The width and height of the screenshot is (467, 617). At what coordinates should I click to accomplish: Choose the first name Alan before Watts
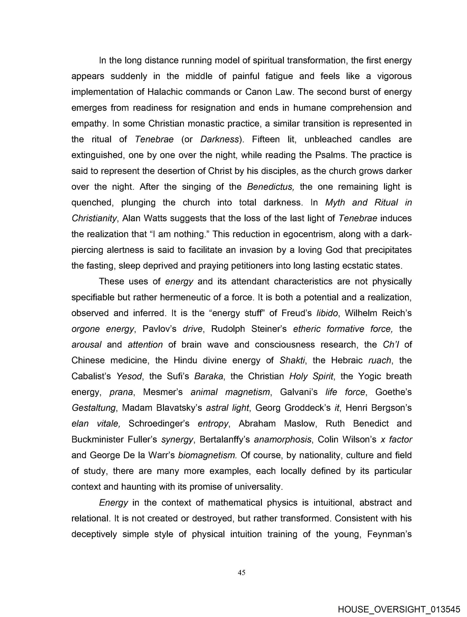click(x=131, y=218)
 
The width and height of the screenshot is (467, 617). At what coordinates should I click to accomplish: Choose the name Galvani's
click(x=299, y=392)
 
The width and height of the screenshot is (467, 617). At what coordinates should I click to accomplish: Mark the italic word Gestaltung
click(x=93, y=408)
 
